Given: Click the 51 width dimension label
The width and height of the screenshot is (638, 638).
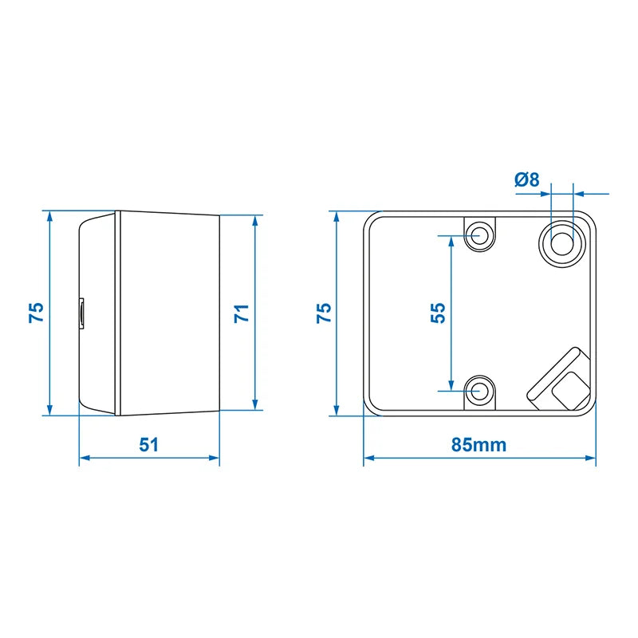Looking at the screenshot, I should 149,443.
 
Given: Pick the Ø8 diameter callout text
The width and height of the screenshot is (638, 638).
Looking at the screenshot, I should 528,180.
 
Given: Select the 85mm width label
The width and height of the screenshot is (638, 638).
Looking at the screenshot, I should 478,444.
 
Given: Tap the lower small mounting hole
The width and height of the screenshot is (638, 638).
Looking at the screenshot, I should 479,391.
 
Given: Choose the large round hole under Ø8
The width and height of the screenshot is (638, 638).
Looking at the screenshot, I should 561,241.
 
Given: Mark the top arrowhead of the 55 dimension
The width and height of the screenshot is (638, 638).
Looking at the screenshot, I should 451,240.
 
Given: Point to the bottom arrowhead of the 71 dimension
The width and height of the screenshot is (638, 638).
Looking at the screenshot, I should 256,404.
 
